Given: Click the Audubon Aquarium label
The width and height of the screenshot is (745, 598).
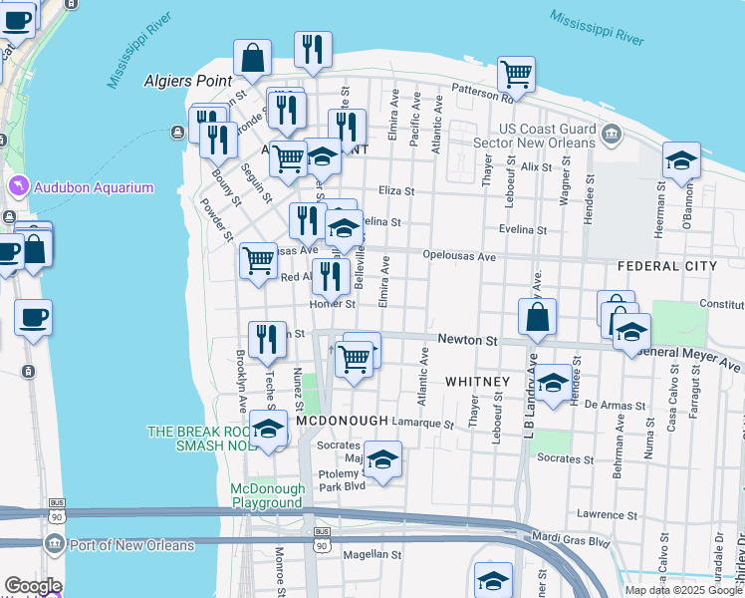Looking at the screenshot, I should (94, 187).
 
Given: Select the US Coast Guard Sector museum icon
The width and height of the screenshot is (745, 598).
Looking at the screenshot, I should (610, 134).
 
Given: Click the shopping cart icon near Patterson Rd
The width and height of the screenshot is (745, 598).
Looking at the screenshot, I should (516, 73).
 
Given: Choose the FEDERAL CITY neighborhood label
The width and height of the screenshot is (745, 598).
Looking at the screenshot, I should (666, 266).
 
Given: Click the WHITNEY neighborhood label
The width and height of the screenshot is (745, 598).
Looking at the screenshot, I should (477, 382).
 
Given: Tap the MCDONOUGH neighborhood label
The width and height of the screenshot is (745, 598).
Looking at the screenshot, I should (342, 422).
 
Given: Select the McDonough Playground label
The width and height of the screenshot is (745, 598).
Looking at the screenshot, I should (266, 495).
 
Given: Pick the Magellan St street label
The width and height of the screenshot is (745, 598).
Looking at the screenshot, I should (372, 554).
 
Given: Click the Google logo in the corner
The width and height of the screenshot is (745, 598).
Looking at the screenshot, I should (33, 587).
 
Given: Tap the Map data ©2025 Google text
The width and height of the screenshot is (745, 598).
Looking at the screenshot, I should (684, 589).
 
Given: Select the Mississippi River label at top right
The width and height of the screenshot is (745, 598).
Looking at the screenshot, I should (598, 28).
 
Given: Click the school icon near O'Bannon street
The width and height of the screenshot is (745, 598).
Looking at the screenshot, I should (681, 159).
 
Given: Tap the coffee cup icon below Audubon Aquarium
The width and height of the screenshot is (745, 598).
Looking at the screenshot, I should (33, 317).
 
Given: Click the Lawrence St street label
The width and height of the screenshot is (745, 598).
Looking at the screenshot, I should (607, 513).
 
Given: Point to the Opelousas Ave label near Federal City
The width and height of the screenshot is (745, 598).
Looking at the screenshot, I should (459, 256).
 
